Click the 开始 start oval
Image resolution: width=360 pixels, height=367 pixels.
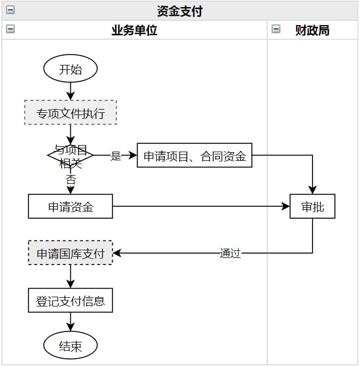point(70,69)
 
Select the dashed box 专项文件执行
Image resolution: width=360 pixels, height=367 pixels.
point(70,113)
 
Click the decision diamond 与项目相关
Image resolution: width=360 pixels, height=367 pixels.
point(70,155)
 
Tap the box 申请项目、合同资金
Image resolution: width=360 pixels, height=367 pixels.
point(194,157)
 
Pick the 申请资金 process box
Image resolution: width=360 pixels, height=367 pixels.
point(70,207)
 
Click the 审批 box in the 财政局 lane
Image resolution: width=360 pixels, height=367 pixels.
point(313,207)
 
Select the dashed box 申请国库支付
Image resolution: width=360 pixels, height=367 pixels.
point(70,253)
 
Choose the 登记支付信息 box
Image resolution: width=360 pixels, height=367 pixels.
point(70,300)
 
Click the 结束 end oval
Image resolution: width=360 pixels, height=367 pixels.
point(70,346)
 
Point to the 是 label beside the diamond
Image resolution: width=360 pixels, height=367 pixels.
point(116,156)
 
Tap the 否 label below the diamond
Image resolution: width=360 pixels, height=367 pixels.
point(70,178)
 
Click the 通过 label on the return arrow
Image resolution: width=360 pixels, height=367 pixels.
point(230,253)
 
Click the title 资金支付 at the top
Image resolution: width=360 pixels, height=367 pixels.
point(179,11)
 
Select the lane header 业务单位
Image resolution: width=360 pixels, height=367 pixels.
point(134,31)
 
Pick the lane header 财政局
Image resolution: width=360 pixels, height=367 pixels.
point(313,31)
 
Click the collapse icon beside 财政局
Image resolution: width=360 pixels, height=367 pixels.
point(276,29)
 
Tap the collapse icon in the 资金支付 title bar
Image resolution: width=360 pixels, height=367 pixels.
point(10,10)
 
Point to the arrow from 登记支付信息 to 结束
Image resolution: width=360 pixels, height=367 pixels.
point(70,322)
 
